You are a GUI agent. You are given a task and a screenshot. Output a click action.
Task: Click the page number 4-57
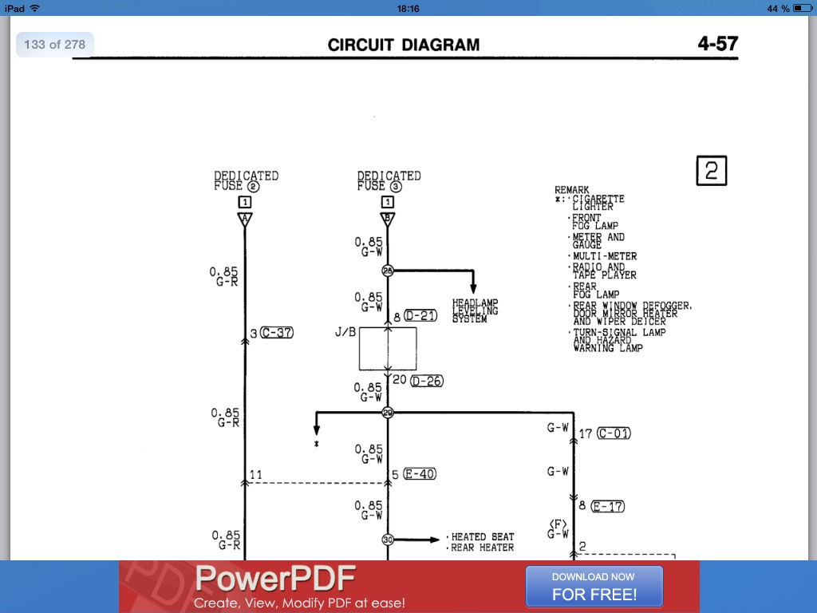click(717, 43)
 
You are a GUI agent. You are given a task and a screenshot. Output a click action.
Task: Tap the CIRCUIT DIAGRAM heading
click(404, 45)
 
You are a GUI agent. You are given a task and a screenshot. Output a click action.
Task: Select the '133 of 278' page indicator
click(54, 45)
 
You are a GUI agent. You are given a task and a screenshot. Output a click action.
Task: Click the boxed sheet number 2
click(712, 171)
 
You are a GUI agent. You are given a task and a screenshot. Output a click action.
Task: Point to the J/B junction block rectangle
click(387, 349)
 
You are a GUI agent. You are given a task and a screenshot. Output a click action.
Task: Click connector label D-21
click(421, 316)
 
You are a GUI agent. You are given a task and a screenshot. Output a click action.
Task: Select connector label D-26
click(426, 381)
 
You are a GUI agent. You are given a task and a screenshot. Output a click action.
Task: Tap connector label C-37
click(277, 332)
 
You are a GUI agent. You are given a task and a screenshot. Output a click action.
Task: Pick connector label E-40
click(420, 474)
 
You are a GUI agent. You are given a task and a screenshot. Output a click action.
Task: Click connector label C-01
click(614, 433)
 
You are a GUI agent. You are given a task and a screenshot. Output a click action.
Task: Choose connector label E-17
click(608, 506)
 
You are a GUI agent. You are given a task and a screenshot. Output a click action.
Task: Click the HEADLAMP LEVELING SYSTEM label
click(476, 311)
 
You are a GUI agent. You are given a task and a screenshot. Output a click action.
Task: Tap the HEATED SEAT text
click(483, 537)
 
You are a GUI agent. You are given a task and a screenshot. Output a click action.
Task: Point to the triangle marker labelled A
click(245, 219)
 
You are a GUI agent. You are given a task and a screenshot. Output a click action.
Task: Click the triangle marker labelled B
click(388, 219)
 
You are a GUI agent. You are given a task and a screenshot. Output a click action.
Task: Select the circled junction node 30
click(388, 540)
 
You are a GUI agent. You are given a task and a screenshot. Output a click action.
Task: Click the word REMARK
click(571, 190)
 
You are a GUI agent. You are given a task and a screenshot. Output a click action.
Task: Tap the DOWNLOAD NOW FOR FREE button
click(594, 586)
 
